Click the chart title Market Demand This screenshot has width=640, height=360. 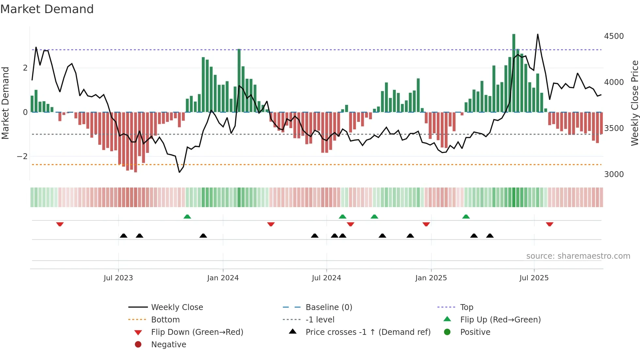pyautogui.click(x=47, y=9)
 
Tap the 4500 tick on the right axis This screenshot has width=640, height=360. pyautogui.click(x=614, y=36)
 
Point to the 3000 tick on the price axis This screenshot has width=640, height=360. pyautogui.click(x=614, y=174)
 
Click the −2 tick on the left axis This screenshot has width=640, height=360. pyautogui.click(x=22, y=156)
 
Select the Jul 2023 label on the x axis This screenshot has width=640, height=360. pyautogui.click(x=118, y=278)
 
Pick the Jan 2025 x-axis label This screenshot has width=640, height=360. pyautogui.click(x=431, y=278)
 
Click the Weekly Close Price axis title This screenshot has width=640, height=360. pyautogui.click(x=634, y=103)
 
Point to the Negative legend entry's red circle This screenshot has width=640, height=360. pyautogui.click(x=138, y=345)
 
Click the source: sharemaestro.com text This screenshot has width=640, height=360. pyautogui.click(x=578, y=256)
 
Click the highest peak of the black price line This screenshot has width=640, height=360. pyautogui.click(x=537, y=34)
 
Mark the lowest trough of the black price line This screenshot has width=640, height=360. pyautogui.click(x=179, y=172)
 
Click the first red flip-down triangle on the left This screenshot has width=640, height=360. pyautogui.click(x=60, y=224)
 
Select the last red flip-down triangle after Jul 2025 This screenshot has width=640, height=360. pyautogui.click(x=550, y=224)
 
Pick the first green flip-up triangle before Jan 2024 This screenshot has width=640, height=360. pyautogui.click(x=187, y=217)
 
